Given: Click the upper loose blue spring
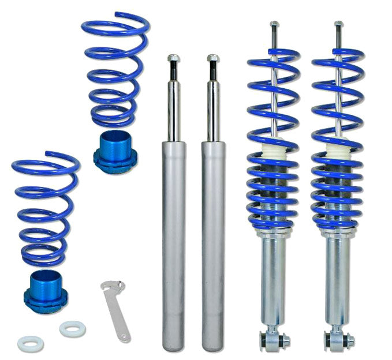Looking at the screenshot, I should pyautogui.click(x=115, y=69).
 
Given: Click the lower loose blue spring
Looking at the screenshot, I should pyautogui.click(x=45, y=208).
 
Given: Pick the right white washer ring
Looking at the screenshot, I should pyautogui.click(x=69, y=329).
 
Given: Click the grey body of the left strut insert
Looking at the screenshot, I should pyautogui.click(x=173, y=242).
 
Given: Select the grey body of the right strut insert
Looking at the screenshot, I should pyautogui.click(x=213, y=242).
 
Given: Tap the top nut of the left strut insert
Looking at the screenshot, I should pyautogui.click(x=173, y=59).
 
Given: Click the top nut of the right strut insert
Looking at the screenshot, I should pyautogui.click(x=213, y=59).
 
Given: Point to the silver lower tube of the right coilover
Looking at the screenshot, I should pyautogui.click(x=336, y=277).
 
